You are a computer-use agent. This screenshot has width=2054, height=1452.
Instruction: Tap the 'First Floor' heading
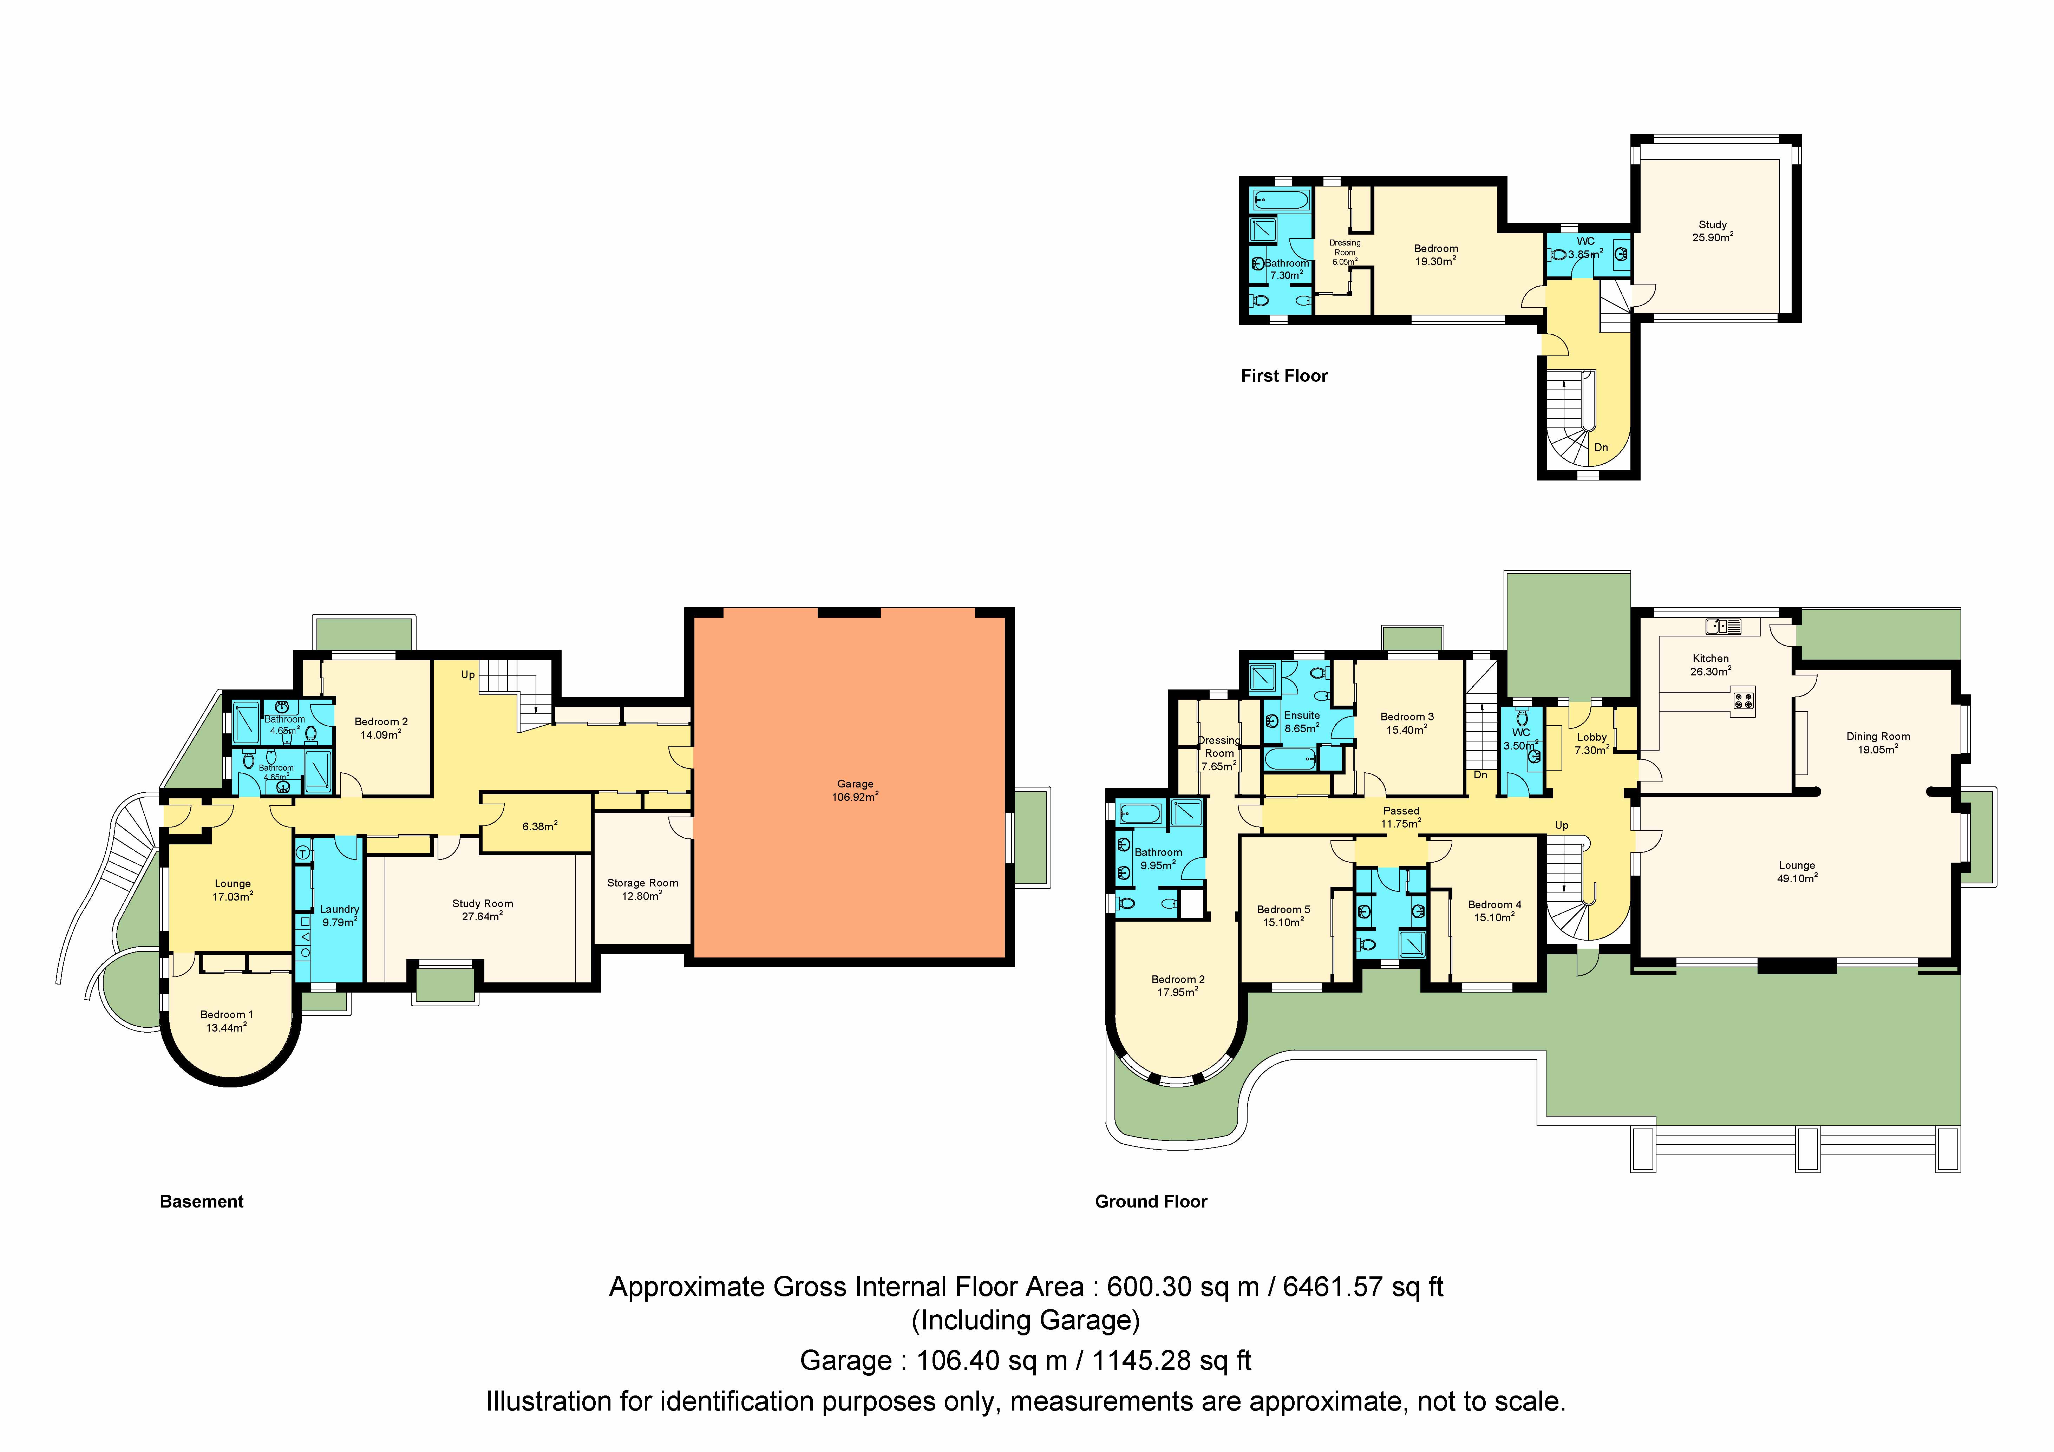(x=1284, y=376)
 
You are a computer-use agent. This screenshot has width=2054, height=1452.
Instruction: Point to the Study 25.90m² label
(x=1712, y=231)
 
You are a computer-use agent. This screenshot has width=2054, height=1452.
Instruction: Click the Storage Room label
(x=642, y=888)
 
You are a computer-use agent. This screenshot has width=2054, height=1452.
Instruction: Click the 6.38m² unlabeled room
(x=539, y=826)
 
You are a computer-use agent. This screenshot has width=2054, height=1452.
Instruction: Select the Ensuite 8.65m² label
(x=1302, y=721)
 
